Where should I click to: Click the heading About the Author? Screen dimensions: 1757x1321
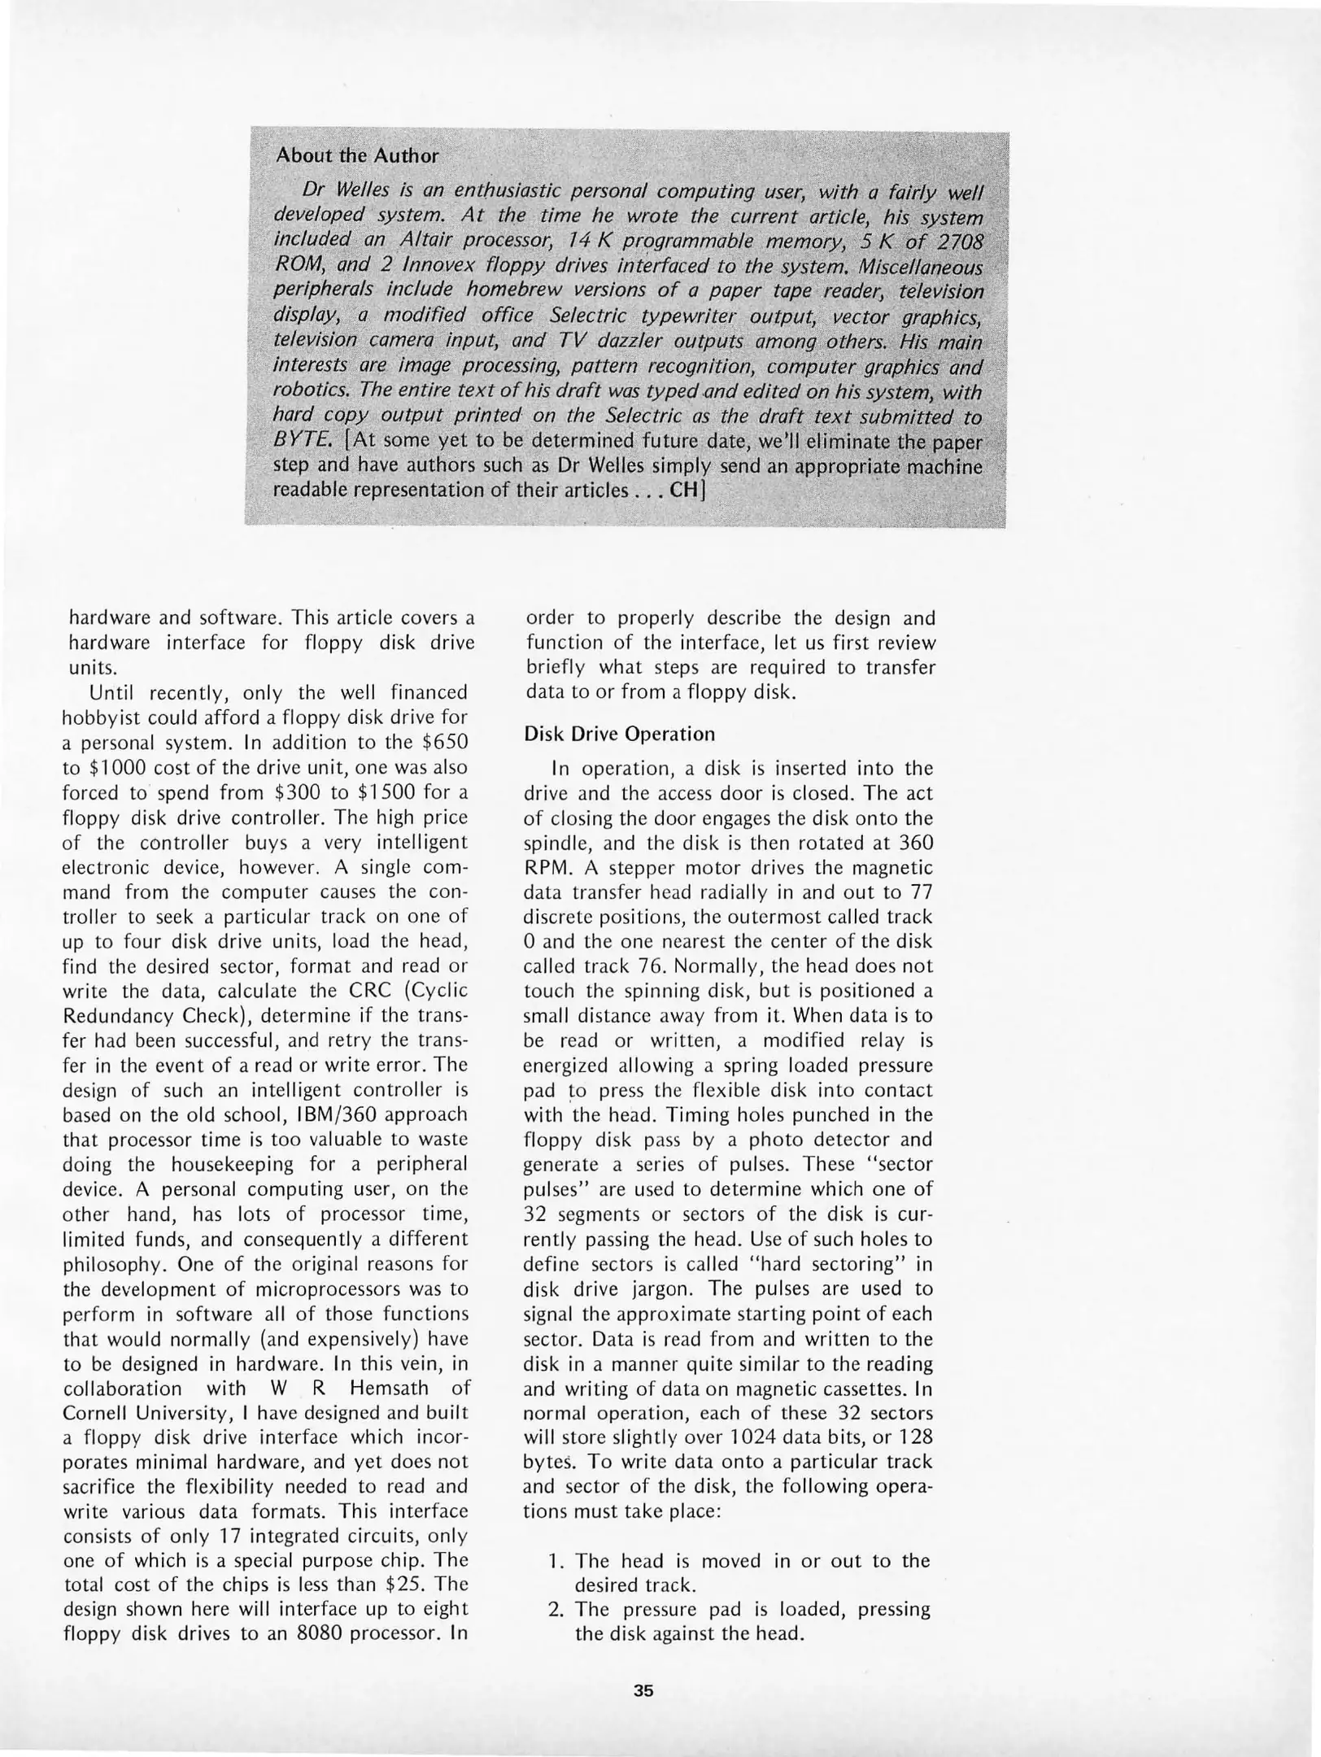[x=357, y=155]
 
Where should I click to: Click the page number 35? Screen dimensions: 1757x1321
[x=643, y=1690]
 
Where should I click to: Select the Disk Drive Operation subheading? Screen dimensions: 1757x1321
[x=619, y=734]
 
